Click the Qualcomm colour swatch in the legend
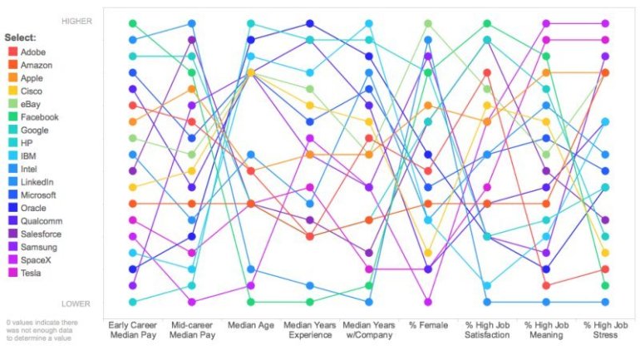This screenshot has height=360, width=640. point(12,221)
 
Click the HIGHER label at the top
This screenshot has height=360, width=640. point(77,22)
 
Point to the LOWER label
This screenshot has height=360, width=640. point(77,304)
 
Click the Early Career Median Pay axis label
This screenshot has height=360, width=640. point(132,330)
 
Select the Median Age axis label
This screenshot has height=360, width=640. point(250,326)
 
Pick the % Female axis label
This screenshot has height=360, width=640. point(428,326)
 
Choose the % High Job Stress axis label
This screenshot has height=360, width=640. point(606,330)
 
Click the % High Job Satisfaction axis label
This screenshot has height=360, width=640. point(487,330)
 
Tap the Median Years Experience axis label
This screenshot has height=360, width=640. point(310,330)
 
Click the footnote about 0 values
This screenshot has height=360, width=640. point(43,330)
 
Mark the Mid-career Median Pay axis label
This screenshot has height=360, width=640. point(191,330)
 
